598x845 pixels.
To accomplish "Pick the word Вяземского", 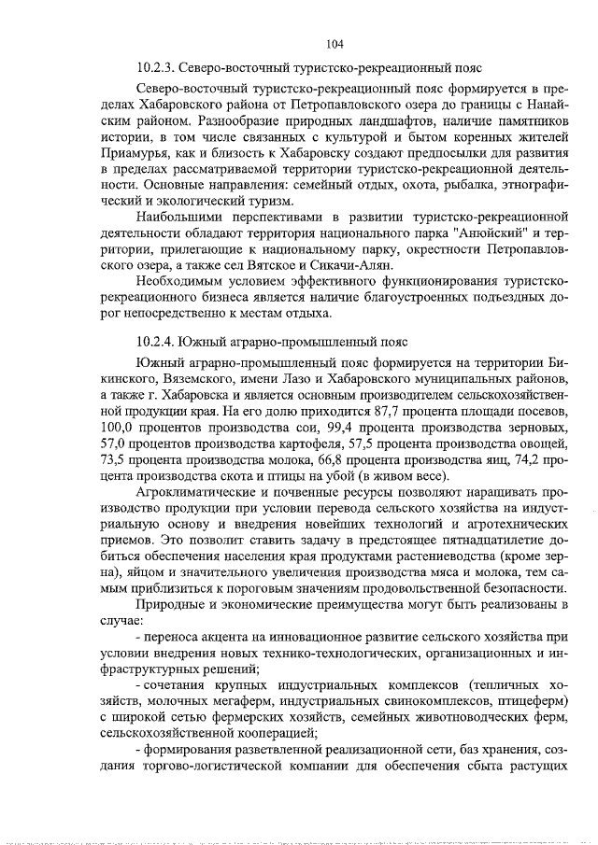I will (x=185, y=379).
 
